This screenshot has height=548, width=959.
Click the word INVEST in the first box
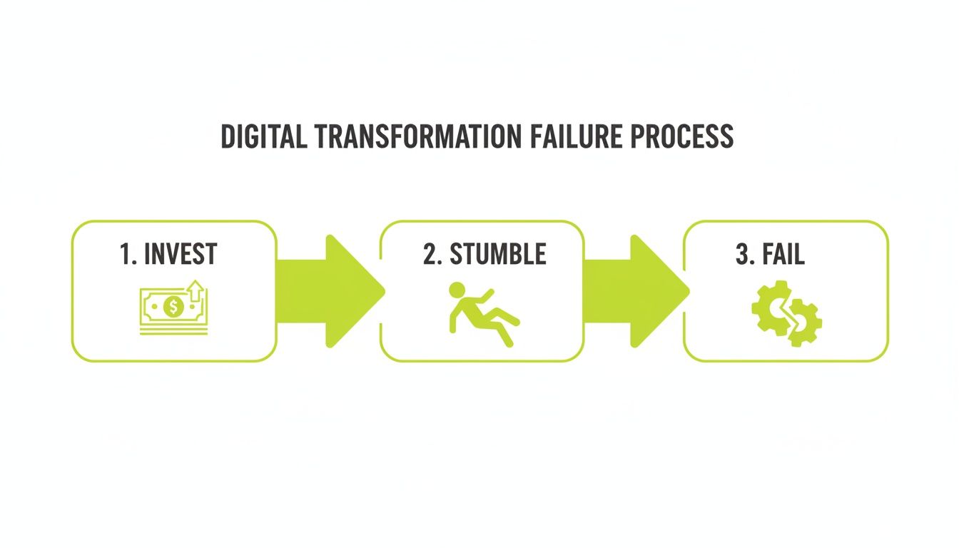181,255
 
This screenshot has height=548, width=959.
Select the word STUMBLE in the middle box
497,255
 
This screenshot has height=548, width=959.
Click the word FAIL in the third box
784,255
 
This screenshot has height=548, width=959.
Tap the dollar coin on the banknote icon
173,308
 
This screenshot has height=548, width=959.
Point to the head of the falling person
457,290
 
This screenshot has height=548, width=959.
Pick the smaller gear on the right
804,323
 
